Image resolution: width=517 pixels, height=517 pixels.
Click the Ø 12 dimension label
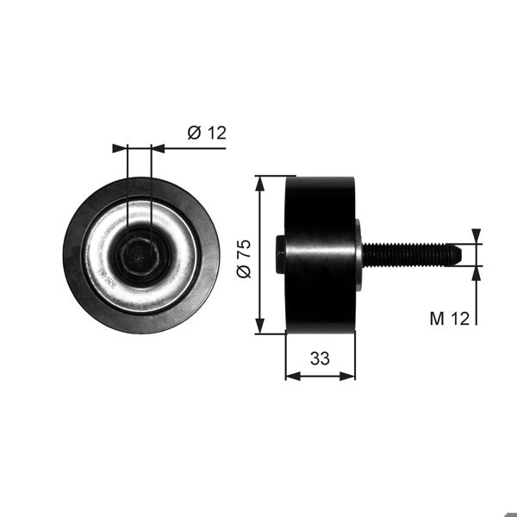[x=206, y=132]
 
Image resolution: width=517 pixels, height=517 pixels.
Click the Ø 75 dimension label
[x=244, y=258]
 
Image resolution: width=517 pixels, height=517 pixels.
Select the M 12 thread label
[x=449, y=319]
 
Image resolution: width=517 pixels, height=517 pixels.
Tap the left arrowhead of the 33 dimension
[x=290, y=376]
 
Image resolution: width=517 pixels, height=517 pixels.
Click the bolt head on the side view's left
[x=280, y=255]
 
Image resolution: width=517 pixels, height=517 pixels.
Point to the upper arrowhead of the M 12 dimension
[x=477, y=236]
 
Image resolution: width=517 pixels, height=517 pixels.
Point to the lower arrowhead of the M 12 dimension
[x=477, y=272]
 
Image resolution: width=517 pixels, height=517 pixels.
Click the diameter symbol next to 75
[x=244, y=271]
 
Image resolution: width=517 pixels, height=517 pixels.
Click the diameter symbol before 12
[x=194, y=132]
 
